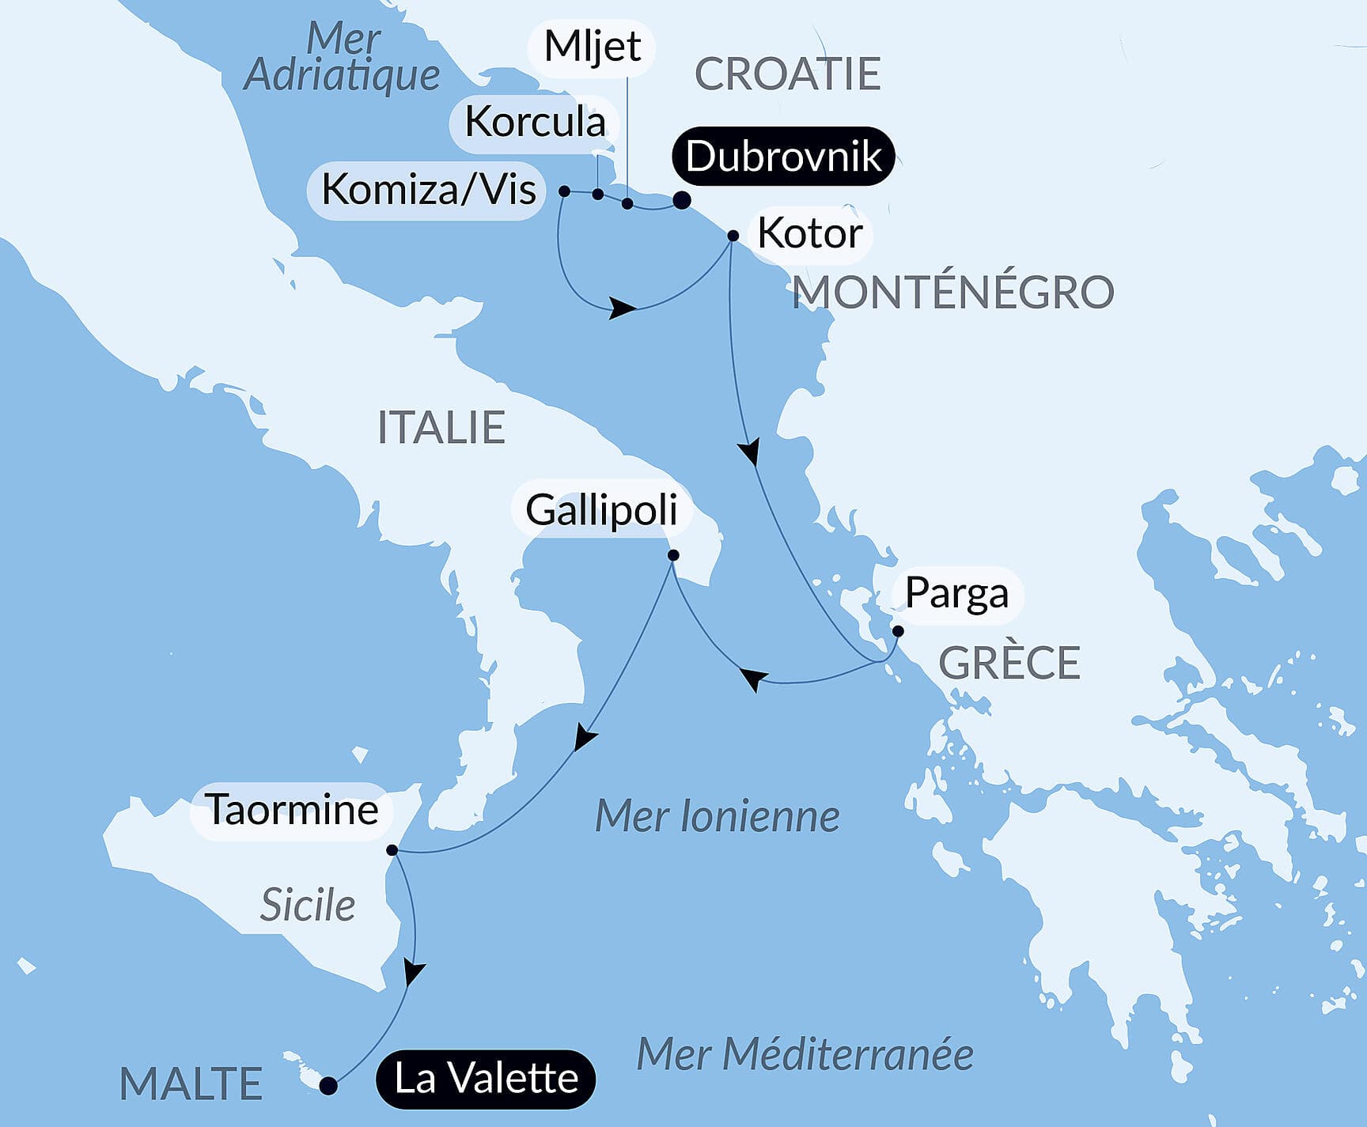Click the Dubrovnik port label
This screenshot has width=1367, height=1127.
point(783,156)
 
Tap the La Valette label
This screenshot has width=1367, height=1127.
point(486,1079)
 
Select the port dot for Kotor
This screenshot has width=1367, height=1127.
point(733,236)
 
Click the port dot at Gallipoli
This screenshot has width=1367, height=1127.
point(673,555)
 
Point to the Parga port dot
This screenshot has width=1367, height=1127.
point(898,631)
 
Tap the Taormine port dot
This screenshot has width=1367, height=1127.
point(392,850)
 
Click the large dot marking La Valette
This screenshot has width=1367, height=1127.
point(328,1086)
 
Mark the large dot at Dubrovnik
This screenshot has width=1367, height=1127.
point(681,200)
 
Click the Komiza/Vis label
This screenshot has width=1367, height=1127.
point(429,190)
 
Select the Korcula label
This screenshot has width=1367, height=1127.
point(535,122)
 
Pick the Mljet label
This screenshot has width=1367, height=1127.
point(593,47)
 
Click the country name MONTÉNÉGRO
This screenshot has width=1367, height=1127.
point(953,292)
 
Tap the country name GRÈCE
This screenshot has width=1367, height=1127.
point(1009,663)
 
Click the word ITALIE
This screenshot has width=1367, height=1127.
point(441,427)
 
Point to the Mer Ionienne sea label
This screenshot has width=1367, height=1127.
point(717,816)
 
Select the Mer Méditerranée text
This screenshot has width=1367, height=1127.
point(805,1054)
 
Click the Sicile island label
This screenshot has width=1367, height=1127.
point(308,905)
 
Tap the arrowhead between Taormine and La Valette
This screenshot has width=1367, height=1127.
point(413,972)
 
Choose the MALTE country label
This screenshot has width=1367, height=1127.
point(191,1084)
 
